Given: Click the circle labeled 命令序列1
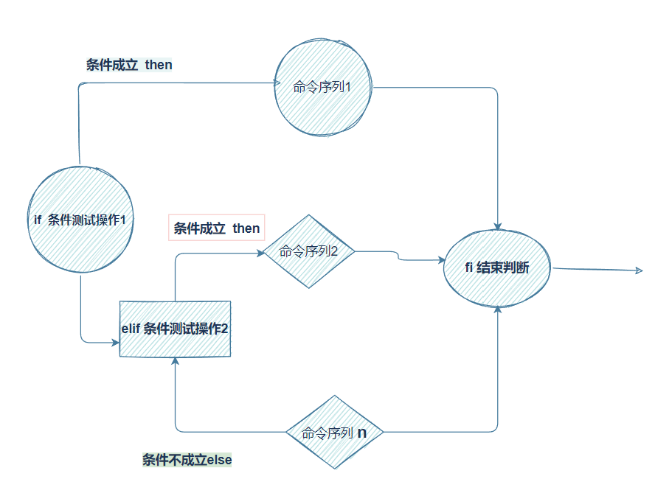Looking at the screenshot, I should click(x=323, y=87).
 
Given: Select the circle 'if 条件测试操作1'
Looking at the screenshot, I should click(x=80, y=220).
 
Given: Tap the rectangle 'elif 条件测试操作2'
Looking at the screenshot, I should click(x=175, y=329).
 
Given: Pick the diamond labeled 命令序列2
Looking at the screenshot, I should click(x=309, y=252).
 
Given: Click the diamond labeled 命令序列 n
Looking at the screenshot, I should click(x=335, y=433).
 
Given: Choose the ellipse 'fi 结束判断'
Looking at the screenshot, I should click(x=498, y=268).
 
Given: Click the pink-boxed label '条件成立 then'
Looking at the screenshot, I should click(x=217, y=228).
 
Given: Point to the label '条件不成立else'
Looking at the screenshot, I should click(x=187, y=460).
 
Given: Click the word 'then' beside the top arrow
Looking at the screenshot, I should click(x=159, y=65).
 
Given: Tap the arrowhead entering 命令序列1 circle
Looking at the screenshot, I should click(x=270, y=83).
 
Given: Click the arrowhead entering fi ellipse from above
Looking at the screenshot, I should click(x=499, y=225).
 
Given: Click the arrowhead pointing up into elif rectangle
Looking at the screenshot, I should click(x=175, y=362).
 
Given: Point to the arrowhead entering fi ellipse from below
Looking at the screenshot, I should click(x=499, y=310).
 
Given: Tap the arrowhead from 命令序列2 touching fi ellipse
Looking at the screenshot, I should click(x=440, y=259).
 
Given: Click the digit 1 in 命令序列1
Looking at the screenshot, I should click(x=347, y=87).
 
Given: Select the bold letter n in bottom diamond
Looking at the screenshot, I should click(x=362, y=433).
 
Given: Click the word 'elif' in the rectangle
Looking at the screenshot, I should click(x=131, y=329).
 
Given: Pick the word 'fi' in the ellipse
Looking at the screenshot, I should click(x=468, y=268).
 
